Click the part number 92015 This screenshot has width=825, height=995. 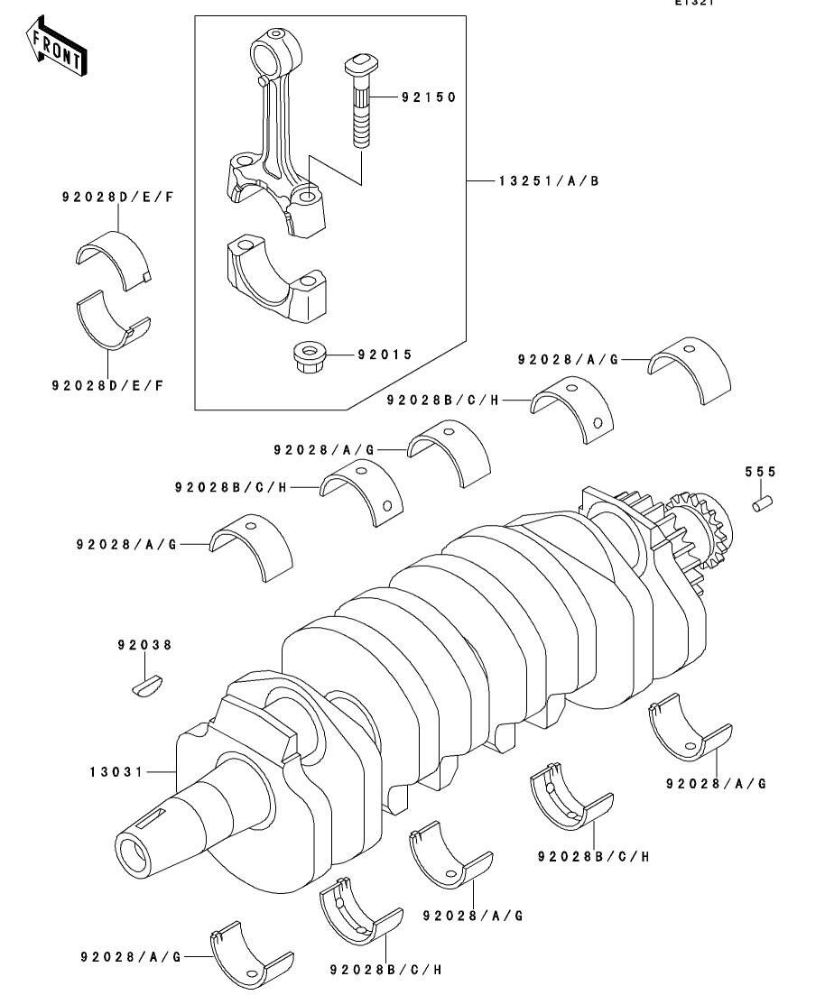click(385, 355)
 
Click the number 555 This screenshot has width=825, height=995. click(760, 472)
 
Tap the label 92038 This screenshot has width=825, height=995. click(144, 646)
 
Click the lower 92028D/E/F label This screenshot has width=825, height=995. click(107, 385)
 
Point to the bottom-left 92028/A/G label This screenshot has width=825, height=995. click(130, 956)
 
